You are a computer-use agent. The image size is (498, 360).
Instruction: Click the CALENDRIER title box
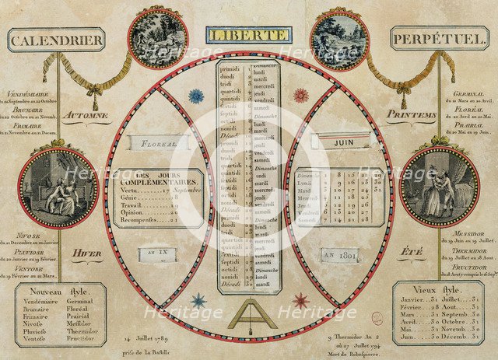(57, 40)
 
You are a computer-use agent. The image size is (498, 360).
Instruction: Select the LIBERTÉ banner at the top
(248, 36)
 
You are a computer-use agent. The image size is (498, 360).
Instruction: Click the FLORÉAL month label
(160, 144)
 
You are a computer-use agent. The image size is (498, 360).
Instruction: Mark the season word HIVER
(88, 253)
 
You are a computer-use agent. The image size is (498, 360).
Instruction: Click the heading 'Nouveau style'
(60, 291)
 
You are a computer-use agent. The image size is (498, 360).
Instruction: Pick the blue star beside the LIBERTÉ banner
(197, 96)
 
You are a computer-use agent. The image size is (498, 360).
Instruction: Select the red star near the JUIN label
(300, 96)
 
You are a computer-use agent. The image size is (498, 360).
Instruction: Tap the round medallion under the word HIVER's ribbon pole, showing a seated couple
(58, 188)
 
